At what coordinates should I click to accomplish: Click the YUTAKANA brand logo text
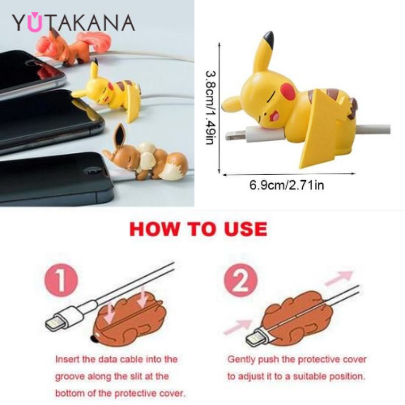pyautogui.click(x=73, y=23)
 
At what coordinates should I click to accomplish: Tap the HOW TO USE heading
pyautogui.click(x=198, y=229)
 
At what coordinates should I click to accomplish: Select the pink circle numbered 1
pyautogui.click(x=61, y=280)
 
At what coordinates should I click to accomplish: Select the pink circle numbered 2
pyautogui.click(x=241, y=280)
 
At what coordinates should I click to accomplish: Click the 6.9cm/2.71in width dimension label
pyautogui.click(x=287, y=185)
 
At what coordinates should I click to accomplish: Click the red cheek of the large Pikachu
pyautogui.click(x=289, y=92)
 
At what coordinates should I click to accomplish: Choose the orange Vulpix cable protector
pyautogui.click(x=73, y=47)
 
